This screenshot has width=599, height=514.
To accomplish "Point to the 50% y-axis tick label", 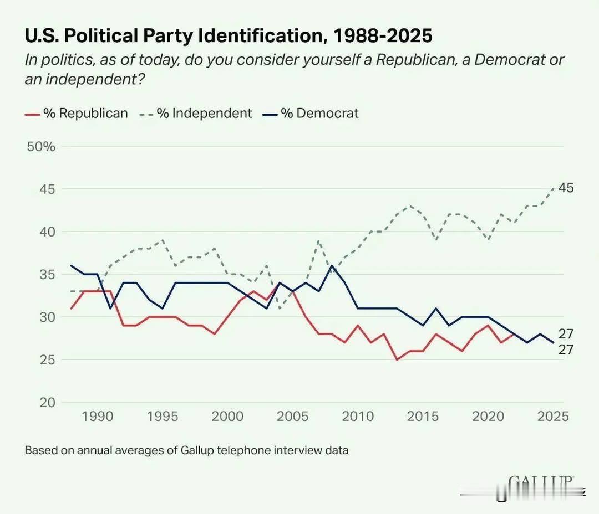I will [x=41, y=147].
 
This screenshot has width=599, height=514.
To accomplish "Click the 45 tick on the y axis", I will [x=47, y=189].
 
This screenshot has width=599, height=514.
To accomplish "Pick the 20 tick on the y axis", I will [x=47, y=402].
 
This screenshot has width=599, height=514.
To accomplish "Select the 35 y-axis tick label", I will [x=47, y=275].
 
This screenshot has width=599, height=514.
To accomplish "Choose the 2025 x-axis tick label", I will [x=553, y=417].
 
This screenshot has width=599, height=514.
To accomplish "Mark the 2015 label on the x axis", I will [x=423, y=417].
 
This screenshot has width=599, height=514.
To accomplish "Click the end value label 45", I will [x=566, y=188].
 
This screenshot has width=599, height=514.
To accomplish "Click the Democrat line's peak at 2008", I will [x=332, y=265].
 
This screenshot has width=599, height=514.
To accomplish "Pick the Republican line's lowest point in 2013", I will [x=397, y=359].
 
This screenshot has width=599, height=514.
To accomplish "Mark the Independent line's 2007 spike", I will [x=318, y=240].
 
